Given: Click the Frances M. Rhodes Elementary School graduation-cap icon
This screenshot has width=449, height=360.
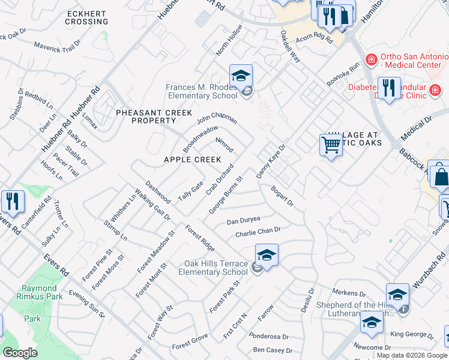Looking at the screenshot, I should point(241,76).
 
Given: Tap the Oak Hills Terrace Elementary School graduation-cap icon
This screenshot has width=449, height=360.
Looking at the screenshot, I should point(267,256).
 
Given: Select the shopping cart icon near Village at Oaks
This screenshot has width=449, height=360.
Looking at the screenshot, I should point(331,145).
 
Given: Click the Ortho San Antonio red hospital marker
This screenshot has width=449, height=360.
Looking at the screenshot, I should point(372,60).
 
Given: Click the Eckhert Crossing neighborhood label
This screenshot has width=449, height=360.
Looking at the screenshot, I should point(88,17).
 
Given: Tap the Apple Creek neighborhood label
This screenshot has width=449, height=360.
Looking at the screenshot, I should point(193,160).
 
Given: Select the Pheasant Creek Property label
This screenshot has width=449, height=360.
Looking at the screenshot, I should point(154,116).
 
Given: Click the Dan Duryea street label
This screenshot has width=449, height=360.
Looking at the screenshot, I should point(243,221).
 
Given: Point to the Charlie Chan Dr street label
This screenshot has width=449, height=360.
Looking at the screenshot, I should point(258,231).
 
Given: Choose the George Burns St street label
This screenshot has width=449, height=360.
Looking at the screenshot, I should point(226,195).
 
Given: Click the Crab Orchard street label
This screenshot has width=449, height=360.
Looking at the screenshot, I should point(219,179).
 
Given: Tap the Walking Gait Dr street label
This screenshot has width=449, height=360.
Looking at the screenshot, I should point(152,205).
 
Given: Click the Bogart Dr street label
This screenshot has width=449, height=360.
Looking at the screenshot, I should point(282,196).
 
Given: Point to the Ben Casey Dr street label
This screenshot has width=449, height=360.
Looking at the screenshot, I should point(273,350).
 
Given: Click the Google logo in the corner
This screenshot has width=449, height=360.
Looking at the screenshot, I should point(20,353).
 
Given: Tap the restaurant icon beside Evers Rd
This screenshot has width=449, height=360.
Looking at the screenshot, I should point(12,201).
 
